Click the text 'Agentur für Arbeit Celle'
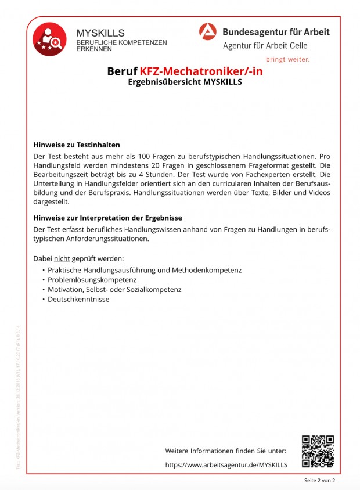click(265, 46)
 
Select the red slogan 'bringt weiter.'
click(287, 59)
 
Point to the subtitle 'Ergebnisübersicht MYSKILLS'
click(185, 82)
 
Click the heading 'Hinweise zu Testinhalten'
click(77, 145)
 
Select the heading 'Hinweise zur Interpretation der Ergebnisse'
click(108, 218)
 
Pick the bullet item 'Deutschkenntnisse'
click(78, 300)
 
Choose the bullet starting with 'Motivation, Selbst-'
click(114, 290)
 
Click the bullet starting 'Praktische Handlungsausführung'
click(145, 270)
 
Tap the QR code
click(318, 451)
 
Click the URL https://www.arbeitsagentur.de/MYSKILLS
click(226, 465)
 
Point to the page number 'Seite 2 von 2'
click(319, 481)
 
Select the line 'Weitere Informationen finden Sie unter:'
click(225, 451)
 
